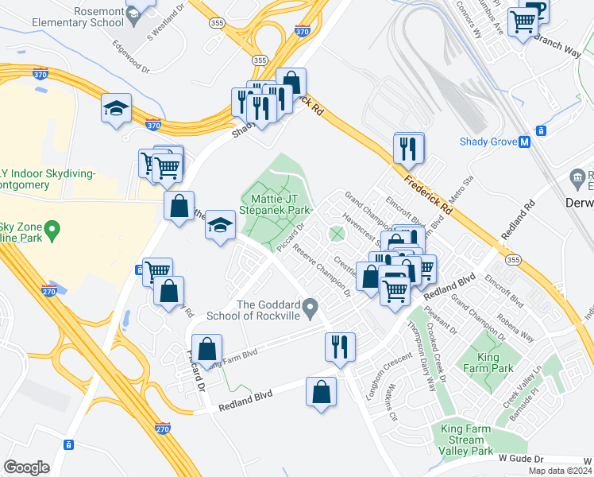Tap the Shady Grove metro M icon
[524, 142]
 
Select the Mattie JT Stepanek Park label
[280, 204]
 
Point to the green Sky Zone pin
[52, 231]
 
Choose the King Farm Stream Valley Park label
[467, 440]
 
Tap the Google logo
[27, 467]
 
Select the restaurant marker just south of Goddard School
[339, 347]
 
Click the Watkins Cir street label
[388, 402]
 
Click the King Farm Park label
[496, 363]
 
